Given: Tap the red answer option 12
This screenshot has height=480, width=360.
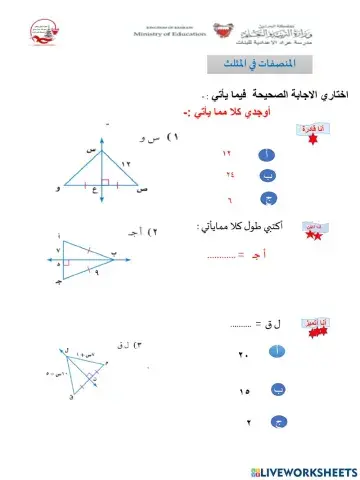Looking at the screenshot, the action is coord(227,155).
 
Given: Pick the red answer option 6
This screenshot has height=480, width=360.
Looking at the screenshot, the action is coord(229,199).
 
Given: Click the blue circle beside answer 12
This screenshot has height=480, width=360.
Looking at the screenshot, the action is coord(267,155).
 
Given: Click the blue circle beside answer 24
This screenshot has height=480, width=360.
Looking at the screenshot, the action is coord(267,177).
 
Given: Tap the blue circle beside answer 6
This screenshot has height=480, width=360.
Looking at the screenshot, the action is coord(267,199).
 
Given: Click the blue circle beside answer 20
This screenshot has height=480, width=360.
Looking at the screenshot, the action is coord(277,352).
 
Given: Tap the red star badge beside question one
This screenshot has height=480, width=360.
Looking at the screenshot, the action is coord(309,133).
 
